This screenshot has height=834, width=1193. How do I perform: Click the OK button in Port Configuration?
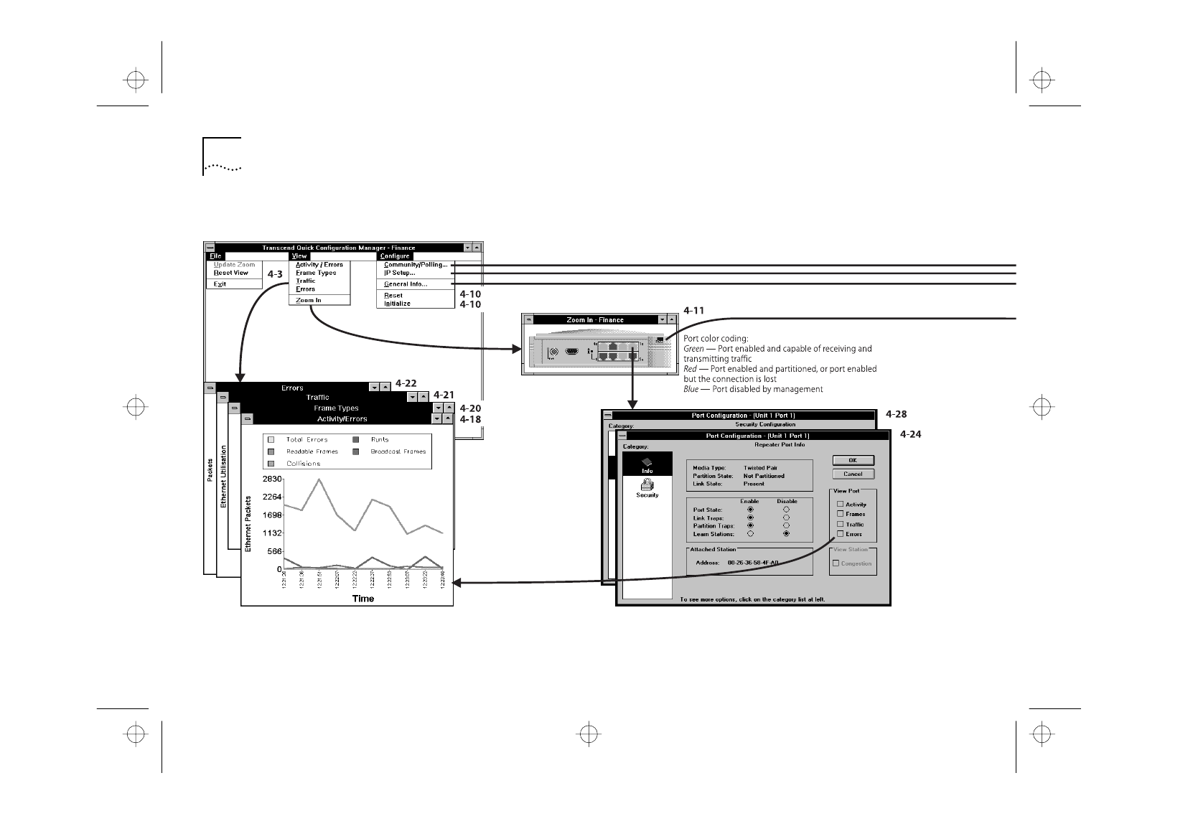853,460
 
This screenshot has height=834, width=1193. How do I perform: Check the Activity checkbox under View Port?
841,504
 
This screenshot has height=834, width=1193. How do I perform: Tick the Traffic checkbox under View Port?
841,524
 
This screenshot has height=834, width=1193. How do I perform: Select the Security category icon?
647,487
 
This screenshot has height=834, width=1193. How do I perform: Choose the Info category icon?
647,464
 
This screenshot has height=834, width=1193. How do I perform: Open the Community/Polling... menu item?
415,265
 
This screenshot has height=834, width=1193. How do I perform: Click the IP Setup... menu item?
400,273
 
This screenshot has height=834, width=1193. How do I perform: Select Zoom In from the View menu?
309,300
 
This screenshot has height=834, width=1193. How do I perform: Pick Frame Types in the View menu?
316,273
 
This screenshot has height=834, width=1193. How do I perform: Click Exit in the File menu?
220,284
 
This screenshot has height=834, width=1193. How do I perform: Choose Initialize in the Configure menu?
397,304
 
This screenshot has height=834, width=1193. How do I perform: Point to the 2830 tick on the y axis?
272,479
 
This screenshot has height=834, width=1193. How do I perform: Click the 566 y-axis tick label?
274,551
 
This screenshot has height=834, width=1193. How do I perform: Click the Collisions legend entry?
303,464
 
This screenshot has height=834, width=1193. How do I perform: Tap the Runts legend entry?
380,440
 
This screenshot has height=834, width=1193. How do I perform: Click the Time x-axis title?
362,599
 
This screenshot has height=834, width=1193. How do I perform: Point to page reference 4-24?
910,434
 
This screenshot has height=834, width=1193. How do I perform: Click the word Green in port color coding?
693,349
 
